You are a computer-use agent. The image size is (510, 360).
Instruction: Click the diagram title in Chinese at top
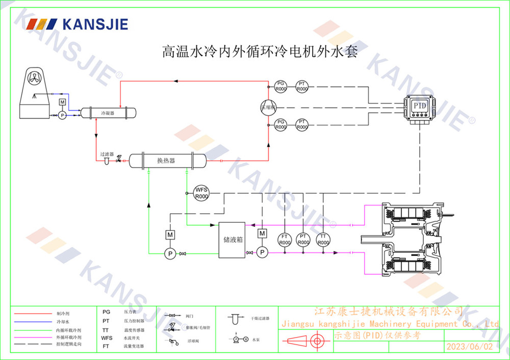coord(259,52)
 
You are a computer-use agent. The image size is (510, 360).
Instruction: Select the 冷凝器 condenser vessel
coord(107,112)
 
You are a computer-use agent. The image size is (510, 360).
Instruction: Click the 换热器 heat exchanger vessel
coord(166,161)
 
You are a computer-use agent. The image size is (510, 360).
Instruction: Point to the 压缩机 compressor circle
coord(268,107)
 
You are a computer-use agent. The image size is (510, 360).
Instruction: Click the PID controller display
coord(420,106)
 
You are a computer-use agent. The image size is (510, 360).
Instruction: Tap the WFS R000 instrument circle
coord(202,193)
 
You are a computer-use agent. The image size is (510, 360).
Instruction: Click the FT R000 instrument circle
coord(284,239)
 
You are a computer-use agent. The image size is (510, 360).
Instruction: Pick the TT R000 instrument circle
coord(323,239)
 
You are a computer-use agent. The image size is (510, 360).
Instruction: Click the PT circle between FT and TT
coord(303,239)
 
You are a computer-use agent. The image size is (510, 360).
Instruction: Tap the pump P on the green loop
coord(169,253)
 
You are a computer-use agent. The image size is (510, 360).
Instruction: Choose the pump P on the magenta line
coord(262,252)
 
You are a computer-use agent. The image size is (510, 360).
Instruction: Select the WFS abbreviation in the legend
coord(107,338)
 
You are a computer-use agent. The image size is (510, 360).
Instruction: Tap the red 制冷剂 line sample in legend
coord(33,314)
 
